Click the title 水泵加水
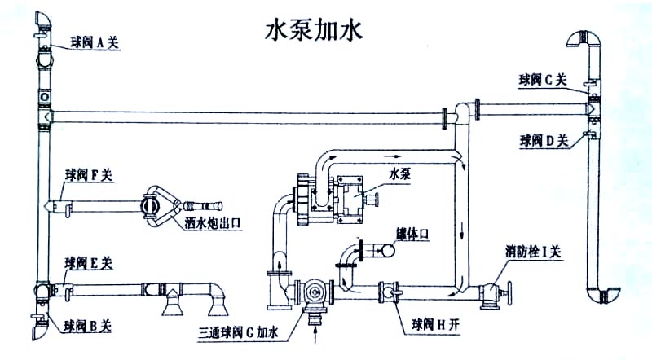point(314,33)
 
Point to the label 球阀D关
point(544,141)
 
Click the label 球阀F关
point(91,173)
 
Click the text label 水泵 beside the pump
point(399,173)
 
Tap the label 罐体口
point(413,233)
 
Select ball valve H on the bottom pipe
point(389,290)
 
